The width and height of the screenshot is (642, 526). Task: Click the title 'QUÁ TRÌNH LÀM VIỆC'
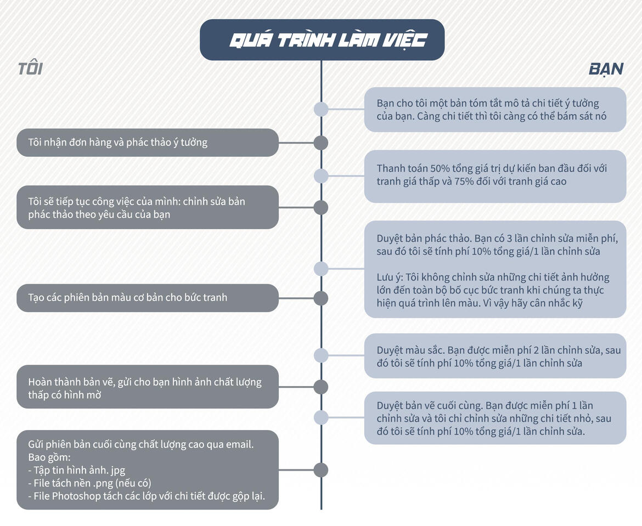click(328, 41)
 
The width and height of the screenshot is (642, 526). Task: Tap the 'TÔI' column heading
click(30, 69)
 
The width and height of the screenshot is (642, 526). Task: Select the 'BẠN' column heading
click(606, 69)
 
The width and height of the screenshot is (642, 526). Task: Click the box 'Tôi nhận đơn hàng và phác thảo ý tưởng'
click(148, 143)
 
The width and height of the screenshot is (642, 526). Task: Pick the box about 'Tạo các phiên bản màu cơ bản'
click(148, 298)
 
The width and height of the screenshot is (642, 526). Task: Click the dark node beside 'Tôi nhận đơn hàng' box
click(321, 143)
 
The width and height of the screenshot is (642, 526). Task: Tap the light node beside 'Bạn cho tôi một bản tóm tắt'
click(321, 109)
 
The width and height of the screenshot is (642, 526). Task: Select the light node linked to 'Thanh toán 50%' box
click(321, 176)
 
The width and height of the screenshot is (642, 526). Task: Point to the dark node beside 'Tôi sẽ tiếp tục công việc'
click(321, 207)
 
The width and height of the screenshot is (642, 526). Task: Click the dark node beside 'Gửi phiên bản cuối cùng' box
click(321, 470)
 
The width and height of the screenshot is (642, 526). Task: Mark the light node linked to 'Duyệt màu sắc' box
click(321, 355)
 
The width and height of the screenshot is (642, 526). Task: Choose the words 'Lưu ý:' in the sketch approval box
click(390, 278)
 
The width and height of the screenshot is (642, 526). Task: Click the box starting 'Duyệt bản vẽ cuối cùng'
click(495, 418)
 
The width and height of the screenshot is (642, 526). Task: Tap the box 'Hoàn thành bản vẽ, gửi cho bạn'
click(148, 387)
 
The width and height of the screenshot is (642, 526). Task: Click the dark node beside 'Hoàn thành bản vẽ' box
click(321, 387)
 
